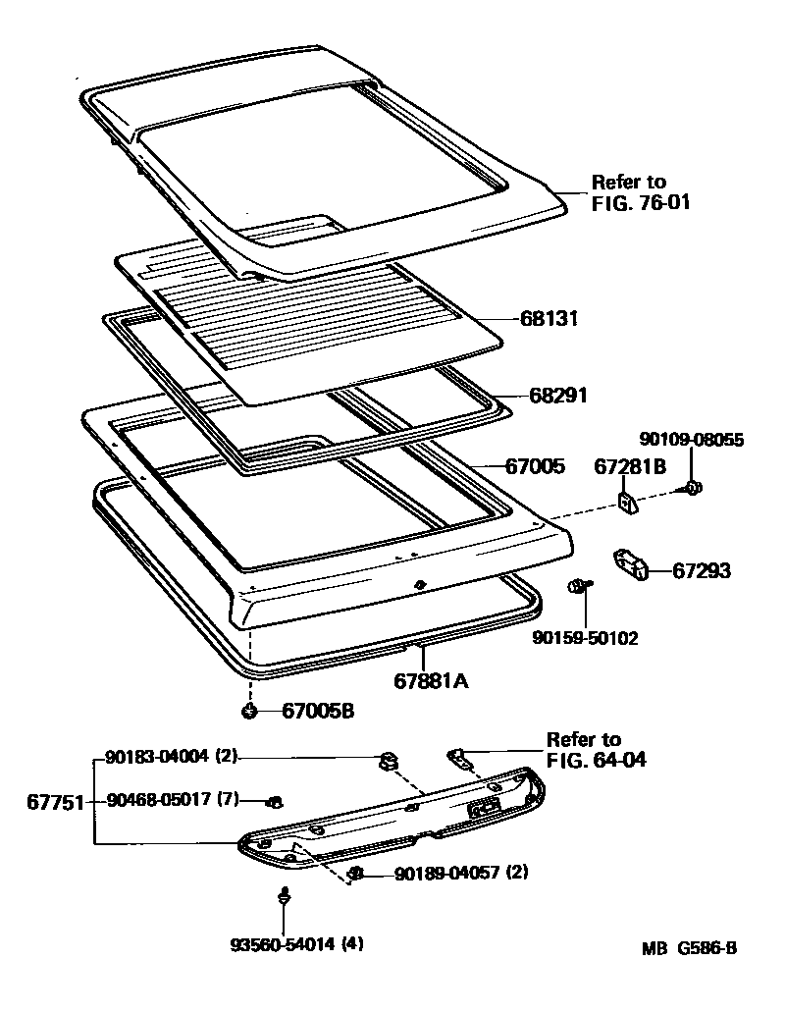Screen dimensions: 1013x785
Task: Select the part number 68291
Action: (x=557, y=396)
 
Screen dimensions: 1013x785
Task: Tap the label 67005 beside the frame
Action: (x=535, y=466)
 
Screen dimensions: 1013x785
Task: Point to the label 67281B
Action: (x=630, y=467)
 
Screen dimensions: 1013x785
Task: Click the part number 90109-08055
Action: (x=693, y=441)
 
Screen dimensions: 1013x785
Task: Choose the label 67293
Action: (x=702, y=571)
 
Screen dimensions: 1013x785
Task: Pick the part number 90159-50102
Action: (x=586, y=638)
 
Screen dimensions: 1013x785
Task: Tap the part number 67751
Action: (x=54, y=801)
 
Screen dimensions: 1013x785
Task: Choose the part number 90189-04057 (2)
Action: (x=461, y=873)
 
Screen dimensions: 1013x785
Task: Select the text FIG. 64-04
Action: (x=598, y=760)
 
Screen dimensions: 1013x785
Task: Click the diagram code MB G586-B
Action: (x=690, y=948)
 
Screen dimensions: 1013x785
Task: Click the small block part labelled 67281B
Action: (x=627, y=503)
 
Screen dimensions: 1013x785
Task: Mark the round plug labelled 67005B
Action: (x=250, y=711)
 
